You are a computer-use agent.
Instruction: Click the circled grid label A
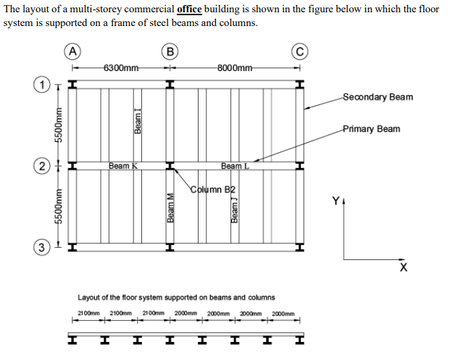(72, 51)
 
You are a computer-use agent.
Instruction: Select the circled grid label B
(170, 51)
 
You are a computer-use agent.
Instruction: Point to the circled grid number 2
(44, 167)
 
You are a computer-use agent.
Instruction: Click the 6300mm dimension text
(121, 69)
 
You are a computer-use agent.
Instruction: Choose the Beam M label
(172, 208)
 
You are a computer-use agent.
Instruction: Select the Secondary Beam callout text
(378, 97)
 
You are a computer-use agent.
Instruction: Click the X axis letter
(403, 268)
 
